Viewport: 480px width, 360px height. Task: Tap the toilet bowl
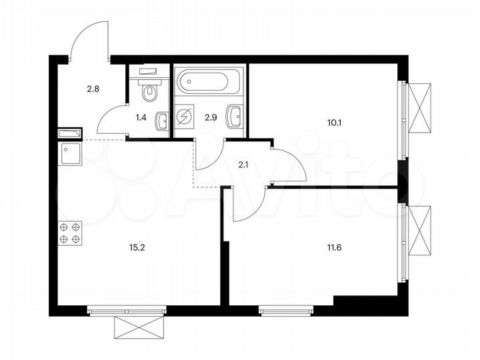(x=150, y=90)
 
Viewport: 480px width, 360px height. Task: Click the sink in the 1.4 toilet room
(x=161, y=121)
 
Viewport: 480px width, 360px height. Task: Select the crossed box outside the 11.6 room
(x=421, y=231)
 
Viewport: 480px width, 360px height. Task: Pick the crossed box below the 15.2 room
(x=137, y=329)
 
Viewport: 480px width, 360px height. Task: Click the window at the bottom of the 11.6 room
(x=285, y=309)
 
